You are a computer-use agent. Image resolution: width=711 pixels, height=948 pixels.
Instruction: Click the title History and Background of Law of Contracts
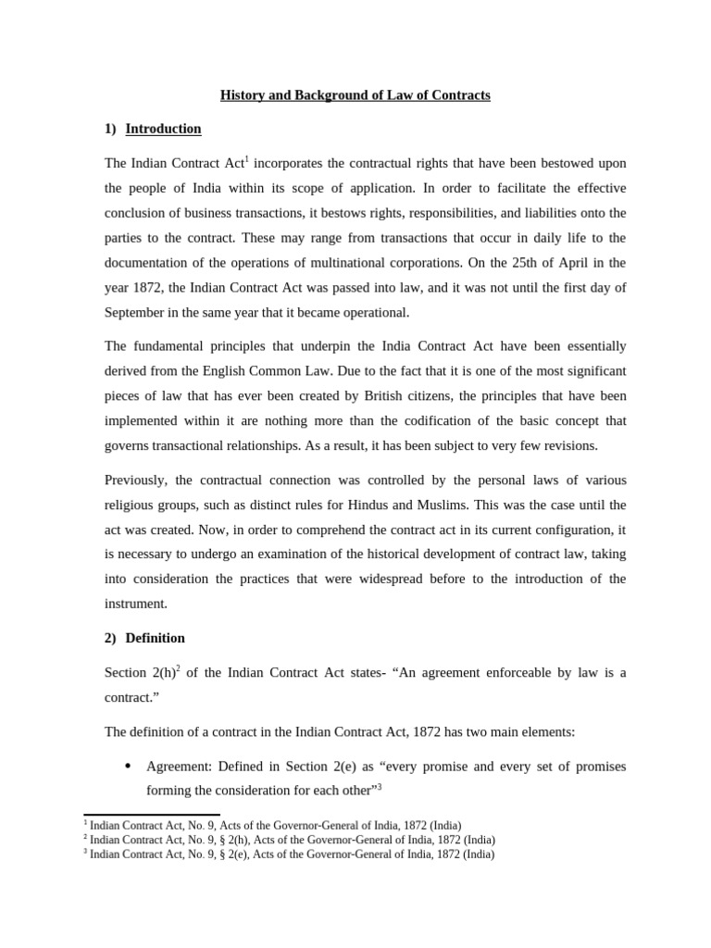[355, 95]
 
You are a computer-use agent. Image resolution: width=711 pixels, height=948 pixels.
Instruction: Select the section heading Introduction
[163, 129]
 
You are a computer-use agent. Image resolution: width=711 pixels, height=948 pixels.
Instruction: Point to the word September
[136, 313]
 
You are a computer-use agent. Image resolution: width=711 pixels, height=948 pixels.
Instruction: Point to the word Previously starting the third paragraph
[136, 480]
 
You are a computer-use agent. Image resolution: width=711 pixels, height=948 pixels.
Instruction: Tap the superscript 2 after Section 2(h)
[179, 668]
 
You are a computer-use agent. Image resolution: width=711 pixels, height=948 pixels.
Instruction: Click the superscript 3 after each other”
[380, 787]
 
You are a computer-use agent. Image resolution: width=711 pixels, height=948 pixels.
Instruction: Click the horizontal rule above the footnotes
[152, 815]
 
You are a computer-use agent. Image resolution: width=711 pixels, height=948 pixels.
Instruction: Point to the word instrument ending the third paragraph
[136, 604]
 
